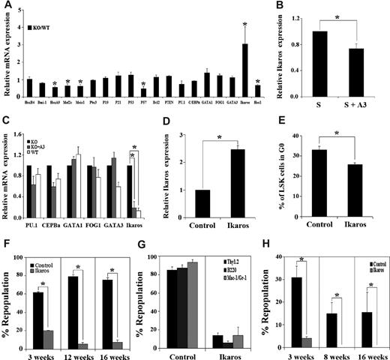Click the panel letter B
coord(287,7)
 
